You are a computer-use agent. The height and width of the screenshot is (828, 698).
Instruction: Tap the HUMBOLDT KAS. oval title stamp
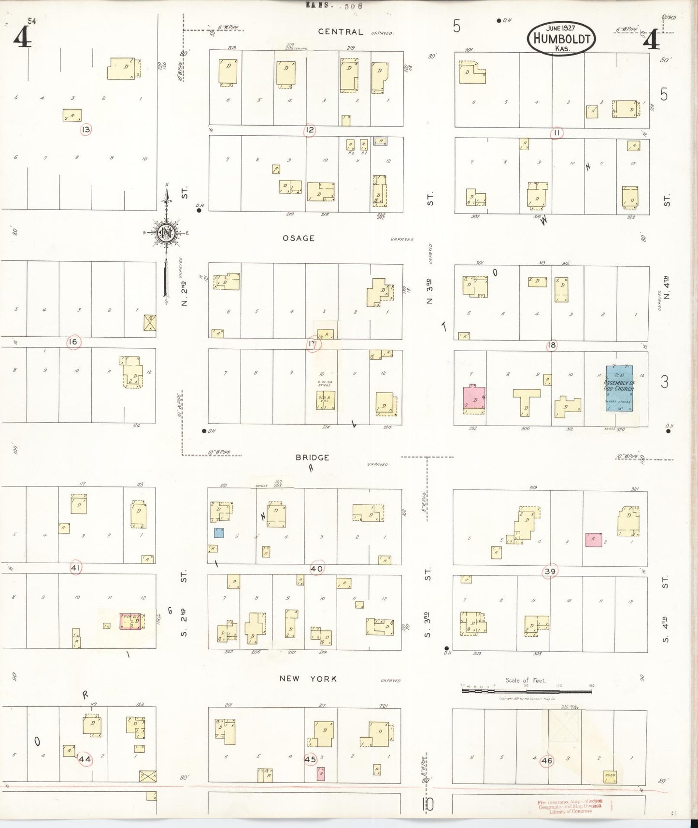[561, 38]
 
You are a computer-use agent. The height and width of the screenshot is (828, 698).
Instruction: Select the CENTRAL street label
[341, 32]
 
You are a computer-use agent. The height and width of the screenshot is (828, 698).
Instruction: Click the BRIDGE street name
[313, 457]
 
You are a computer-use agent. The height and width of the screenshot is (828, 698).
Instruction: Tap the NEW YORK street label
[308, 679]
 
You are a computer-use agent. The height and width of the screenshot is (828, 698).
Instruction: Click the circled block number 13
[85, 129]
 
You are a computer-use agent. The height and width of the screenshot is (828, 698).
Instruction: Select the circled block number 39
[550, 571]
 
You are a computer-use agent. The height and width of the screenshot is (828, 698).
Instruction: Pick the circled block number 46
[547, 760]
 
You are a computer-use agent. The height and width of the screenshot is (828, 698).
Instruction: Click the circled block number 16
[73, 342]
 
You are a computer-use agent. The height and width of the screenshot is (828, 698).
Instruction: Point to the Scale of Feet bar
[527, 691]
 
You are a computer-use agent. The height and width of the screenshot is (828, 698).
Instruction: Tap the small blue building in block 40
[219, 533]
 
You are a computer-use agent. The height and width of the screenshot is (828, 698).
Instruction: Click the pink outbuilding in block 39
[594, 540]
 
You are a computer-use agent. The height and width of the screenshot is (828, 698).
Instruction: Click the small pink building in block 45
[320, 773]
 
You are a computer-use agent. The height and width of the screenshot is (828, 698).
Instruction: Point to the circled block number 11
[556, 133]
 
